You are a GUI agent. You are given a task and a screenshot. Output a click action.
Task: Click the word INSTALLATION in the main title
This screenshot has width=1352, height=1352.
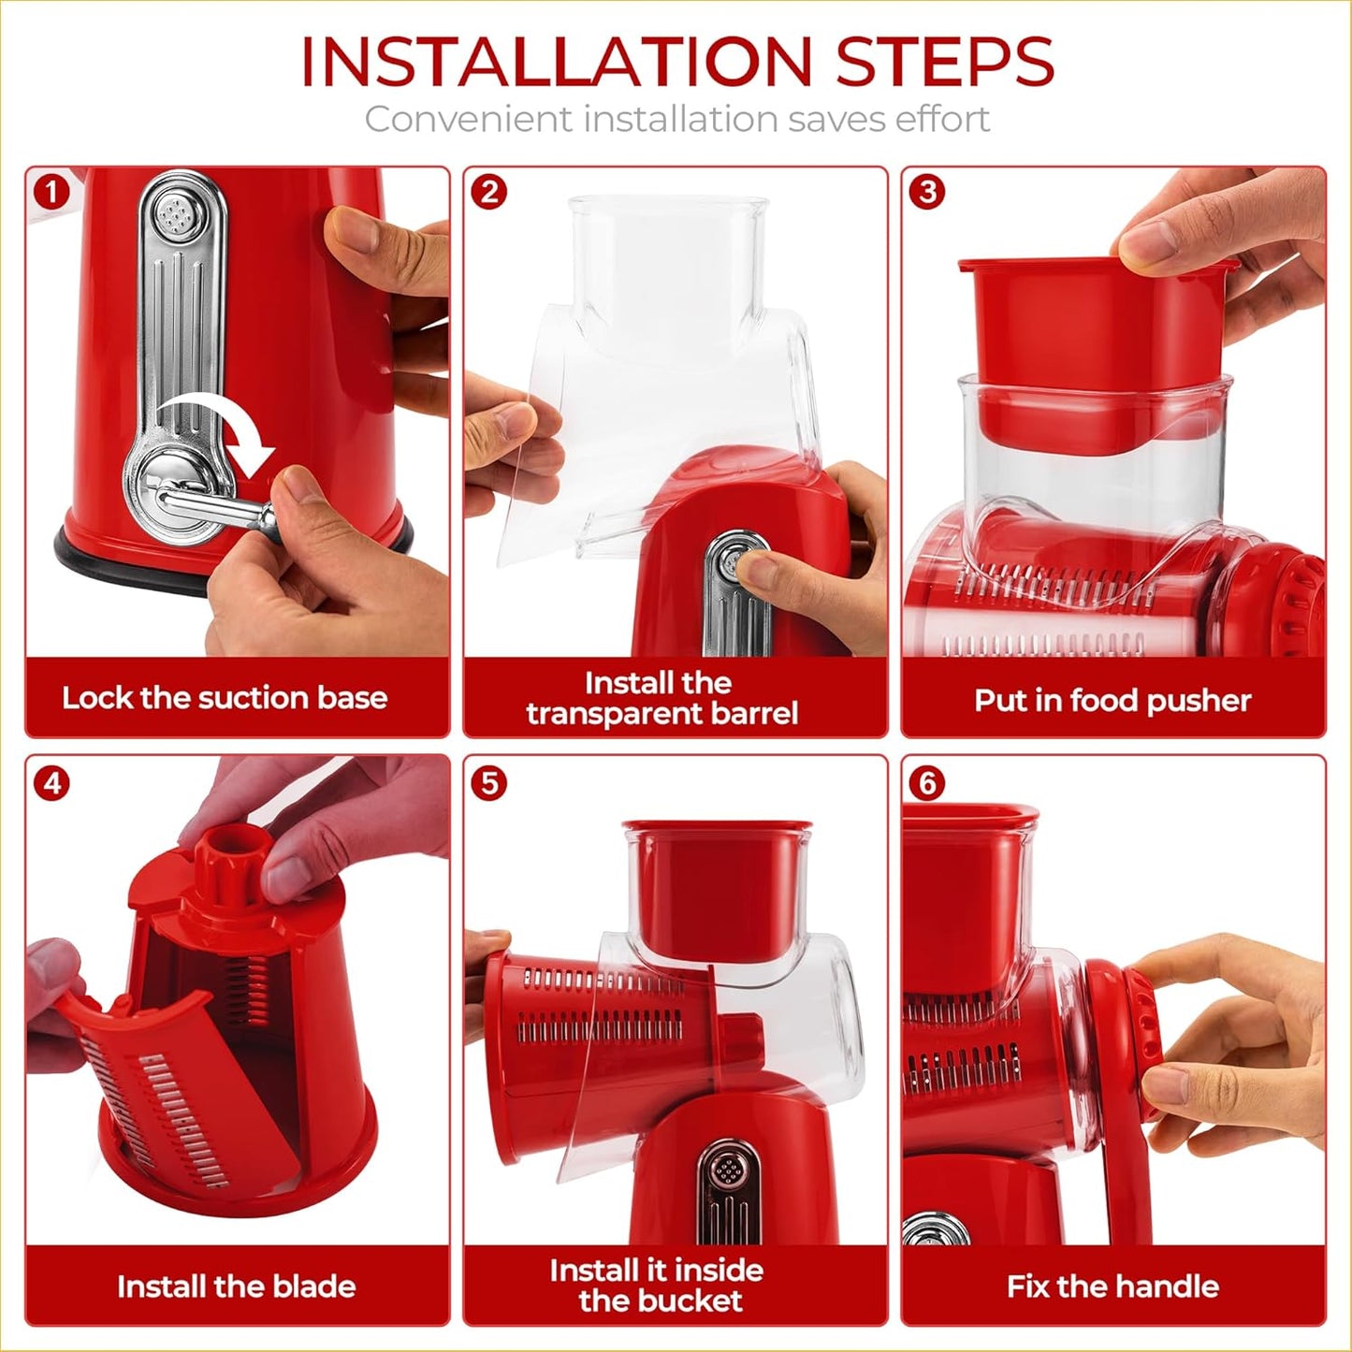click(x=556, y=63)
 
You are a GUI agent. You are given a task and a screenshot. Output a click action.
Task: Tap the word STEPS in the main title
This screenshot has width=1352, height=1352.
click(x=945, y=63)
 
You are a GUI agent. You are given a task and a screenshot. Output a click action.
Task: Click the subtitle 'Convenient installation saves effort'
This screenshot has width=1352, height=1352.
click(x=676, y=120)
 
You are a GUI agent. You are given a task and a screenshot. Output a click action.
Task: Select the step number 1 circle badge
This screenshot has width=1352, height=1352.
click(x=51, y=192)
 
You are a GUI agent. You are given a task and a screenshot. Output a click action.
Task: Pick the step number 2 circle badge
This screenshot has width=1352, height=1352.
click(x=489, y=192)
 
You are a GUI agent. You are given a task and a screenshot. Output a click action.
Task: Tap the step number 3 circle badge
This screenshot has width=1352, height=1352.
click(x=927, y=192)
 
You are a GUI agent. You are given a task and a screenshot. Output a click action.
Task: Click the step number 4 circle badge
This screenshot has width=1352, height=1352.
click(x=51, y=782)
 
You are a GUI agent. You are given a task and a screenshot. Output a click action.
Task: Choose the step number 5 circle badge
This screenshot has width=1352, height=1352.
click(x=489, y=782)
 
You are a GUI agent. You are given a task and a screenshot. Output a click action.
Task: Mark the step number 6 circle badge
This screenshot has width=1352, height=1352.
click(x=927, y=782)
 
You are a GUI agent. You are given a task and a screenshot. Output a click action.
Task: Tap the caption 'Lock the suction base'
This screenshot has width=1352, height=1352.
click(x=225, y=698)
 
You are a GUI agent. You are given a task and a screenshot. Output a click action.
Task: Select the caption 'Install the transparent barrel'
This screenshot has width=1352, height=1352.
click(x=661, y=698)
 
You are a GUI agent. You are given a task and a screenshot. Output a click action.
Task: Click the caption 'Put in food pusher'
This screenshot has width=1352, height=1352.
click(x=1112, y=701)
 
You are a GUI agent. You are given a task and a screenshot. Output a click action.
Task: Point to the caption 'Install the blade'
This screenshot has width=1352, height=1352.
click(x=236, y=1287)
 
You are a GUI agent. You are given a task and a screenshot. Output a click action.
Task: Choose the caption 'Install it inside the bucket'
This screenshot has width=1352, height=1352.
click(x=658, y=1286)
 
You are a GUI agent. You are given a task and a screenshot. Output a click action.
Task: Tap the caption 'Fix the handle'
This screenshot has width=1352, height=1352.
click(x=1112, y=1287)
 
